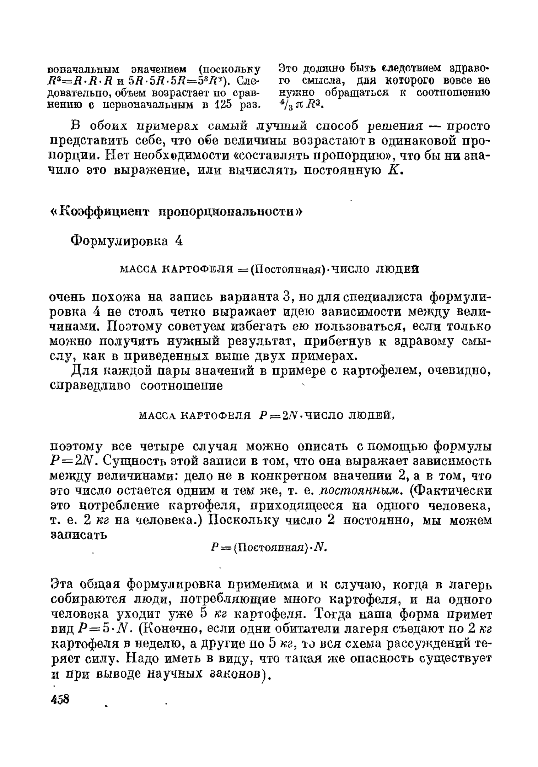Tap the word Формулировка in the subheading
click(x=119, y=241)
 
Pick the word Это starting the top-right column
click(x=288, y=68)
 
